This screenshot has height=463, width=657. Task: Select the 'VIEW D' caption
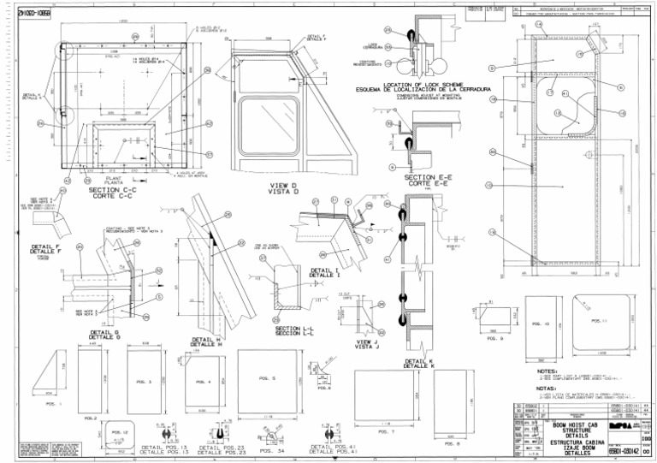(x=283, y=186)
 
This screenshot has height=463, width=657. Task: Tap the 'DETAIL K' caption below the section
(x=418, y=362)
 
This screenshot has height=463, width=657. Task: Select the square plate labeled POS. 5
(x=267, y=377)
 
